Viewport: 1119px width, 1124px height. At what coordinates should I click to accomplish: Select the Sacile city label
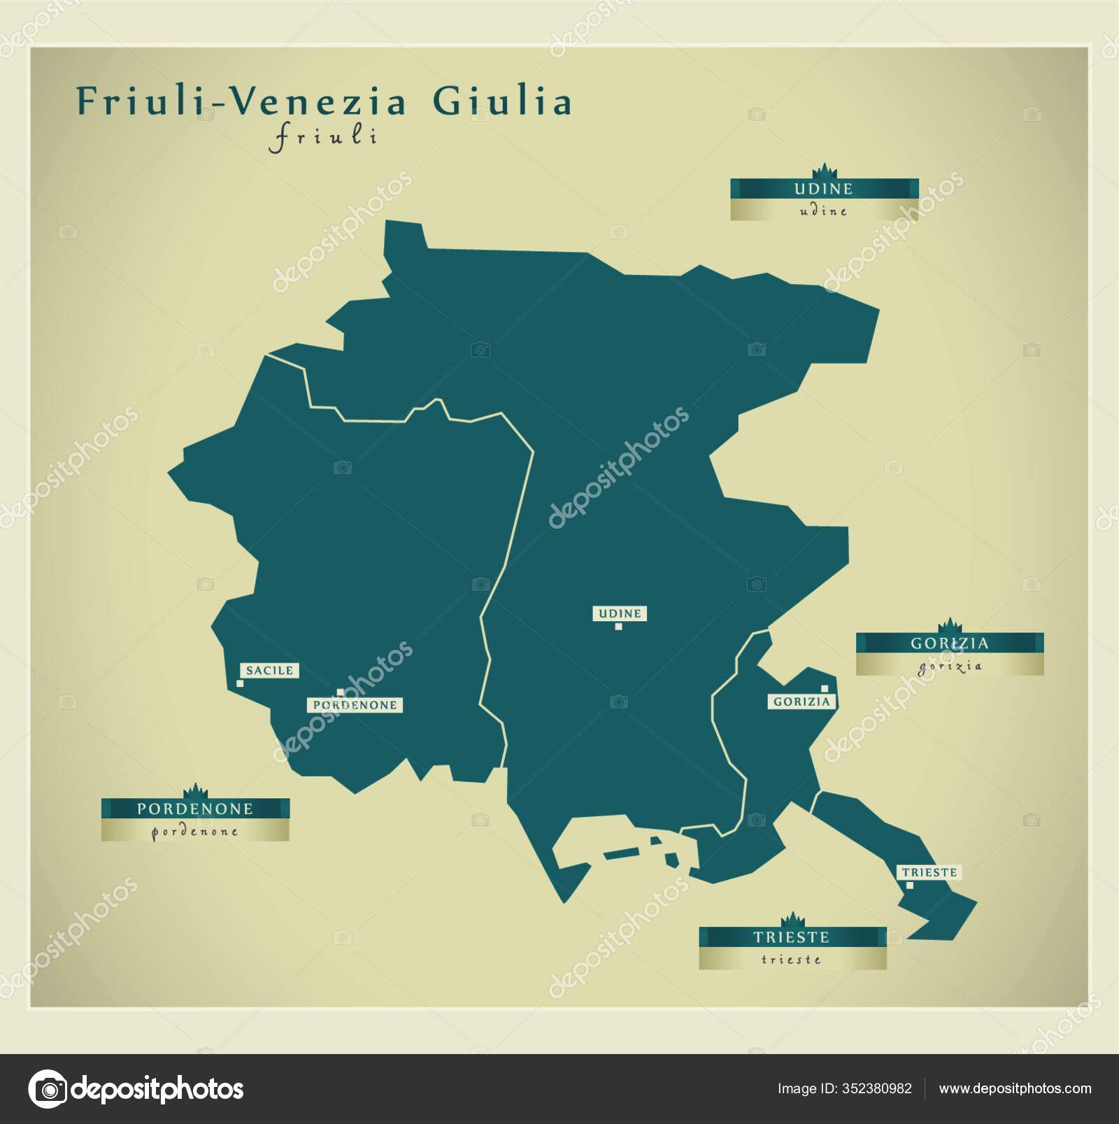click(x=269, y=670)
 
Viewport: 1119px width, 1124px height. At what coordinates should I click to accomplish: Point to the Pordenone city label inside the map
click(x=355, y=705)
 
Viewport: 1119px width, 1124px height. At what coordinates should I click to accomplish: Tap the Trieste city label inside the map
click(x=929, y=872)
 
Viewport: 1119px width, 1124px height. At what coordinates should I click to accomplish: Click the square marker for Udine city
click(x=618, y=626)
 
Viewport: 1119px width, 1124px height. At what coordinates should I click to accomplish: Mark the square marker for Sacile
click(x=240, y=683)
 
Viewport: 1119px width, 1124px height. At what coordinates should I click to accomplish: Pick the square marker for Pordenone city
click(x=340, y=692)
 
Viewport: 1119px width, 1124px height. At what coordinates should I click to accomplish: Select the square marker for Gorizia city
click(x=825, y=688)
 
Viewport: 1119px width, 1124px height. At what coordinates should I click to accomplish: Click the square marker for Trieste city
click(x=909, y=885)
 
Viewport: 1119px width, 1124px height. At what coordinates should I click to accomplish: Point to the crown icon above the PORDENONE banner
click(x=195, y=790)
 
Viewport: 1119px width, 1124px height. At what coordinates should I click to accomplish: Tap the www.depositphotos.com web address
click(x=1015, y=1088)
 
